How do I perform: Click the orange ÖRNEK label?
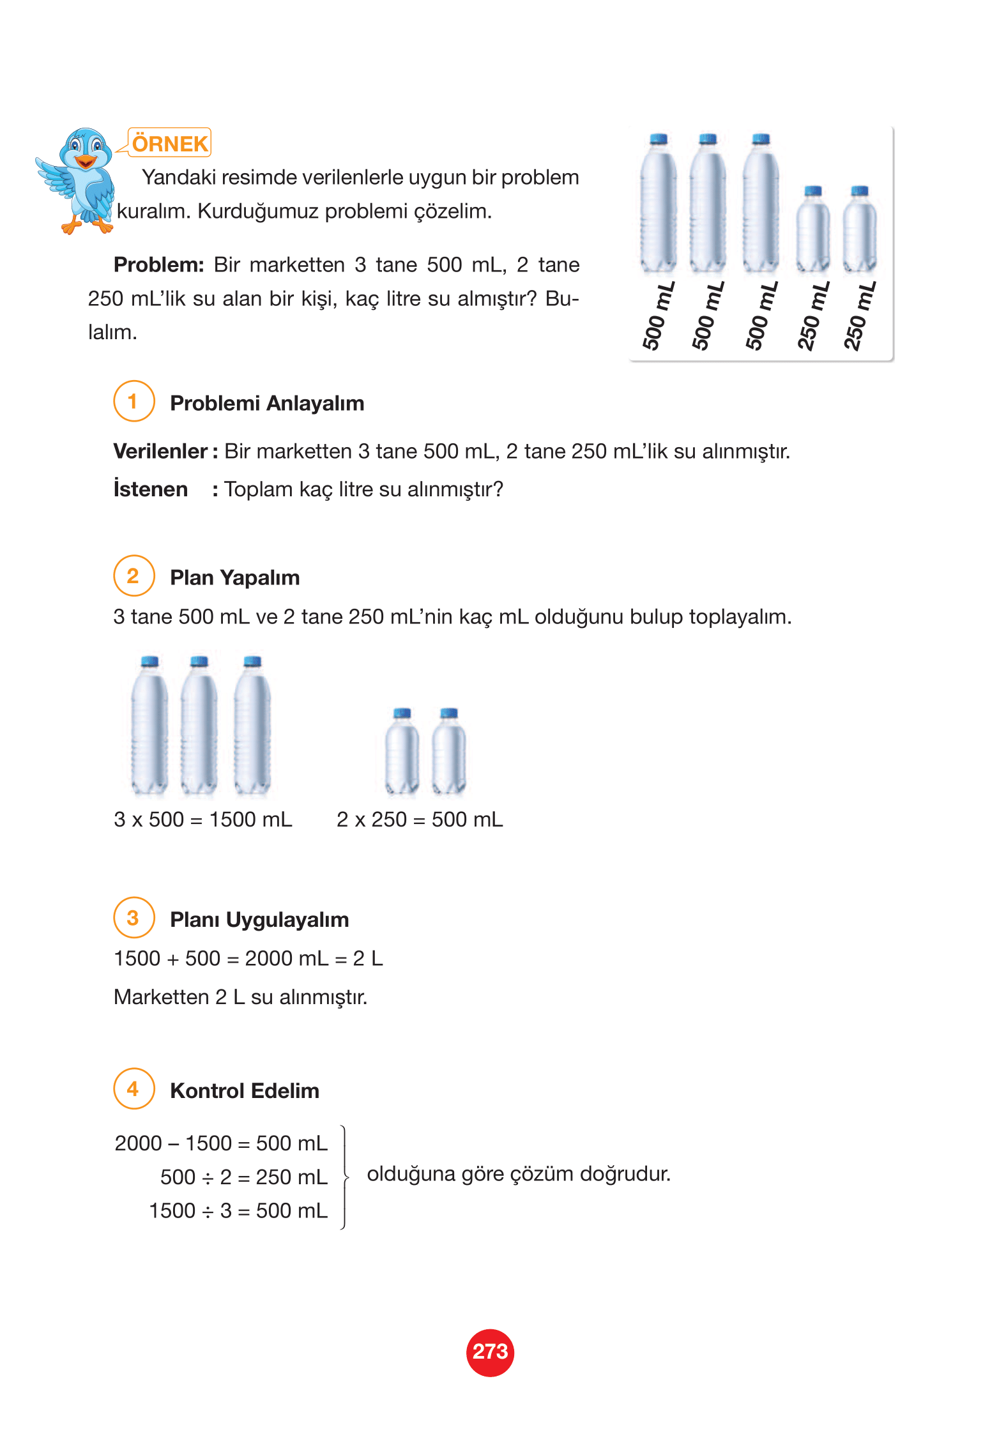click(x=170, y=143)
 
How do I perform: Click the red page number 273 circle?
click(x=490, y=1352)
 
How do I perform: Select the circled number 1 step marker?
click(x=133, y=401)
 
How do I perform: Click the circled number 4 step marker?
click(x=133, y=1089)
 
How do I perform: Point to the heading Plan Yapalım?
click(x=234, y=577)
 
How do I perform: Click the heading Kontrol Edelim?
click(x=244, y=1090)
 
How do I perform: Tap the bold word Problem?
click(x=158, y=264)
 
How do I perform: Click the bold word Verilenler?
click(x=160, y=452)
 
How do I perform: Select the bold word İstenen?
click(x=151, y=489)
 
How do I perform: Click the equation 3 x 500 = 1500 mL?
click(x=202, y=820)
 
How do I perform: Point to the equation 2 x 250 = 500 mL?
click(x=420, y=820)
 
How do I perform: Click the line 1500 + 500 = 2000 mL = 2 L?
click(x=248, y=959)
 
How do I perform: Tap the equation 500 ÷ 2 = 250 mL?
click(x=243, y=1177)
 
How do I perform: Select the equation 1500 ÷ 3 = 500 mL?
click(x=238, y=1210)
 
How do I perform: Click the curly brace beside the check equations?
click(x=345, y=1177)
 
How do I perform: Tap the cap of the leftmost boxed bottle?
click(x=658, y=139)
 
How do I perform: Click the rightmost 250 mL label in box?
click(x=860, y=316)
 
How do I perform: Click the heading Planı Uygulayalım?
click(x=259, y=920)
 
